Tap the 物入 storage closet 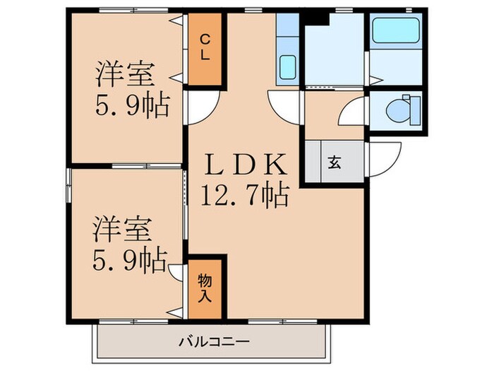coord(204,288)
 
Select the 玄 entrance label coord(333,163)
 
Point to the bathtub coord(396,31)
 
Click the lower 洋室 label coord(122,229)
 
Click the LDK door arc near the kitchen coord(284,106)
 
